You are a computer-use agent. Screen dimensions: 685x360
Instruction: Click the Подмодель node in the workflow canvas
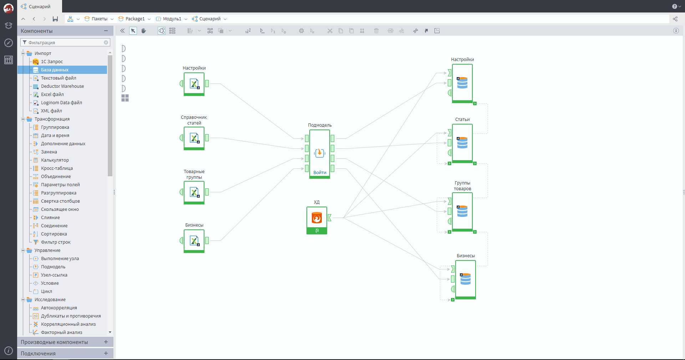(320, 153)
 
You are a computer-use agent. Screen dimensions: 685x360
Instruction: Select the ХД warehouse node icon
(317, 218)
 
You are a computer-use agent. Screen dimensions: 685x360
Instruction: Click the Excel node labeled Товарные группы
(194, 193)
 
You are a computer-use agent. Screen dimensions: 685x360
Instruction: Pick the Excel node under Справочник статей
(194, 138)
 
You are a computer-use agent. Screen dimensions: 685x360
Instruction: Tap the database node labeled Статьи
(462, 143)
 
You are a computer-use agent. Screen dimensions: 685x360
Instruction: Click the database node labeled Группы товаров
(462, 212)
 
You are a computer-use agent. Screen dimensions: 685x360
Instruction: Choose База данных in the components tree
(55, 70)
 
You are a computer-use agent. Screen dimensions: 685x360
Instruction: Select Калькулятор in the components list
(55, 160)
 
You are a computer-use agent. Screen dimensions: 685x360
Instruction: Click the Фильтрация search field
(65, 42)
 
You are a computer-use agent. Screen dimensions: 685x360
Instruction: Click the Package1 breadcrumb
(135, 19)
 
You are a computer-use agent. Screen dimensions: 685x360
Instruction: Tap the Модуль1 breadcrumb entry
(172, 19)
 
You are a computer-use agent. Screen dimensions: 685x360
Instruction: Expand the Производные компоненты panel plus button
(106, 342)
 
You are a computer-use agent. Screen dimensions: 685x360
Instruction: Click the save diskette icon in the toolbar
(55, 19)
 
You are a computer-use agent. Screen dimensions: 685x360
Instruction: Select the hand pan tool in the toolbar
(143, 31)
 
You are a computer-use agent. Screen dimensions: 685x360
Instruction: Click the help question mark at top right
(674, 6)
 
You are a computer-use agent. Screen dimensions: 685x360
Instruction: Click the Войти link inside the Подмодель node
(320, 173)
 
